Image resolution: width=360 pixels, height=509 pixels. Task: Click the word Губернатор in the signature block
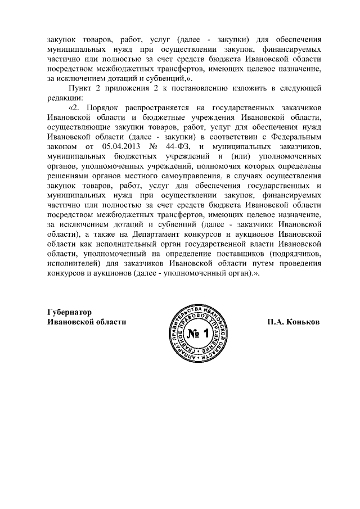pos(68,312)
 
